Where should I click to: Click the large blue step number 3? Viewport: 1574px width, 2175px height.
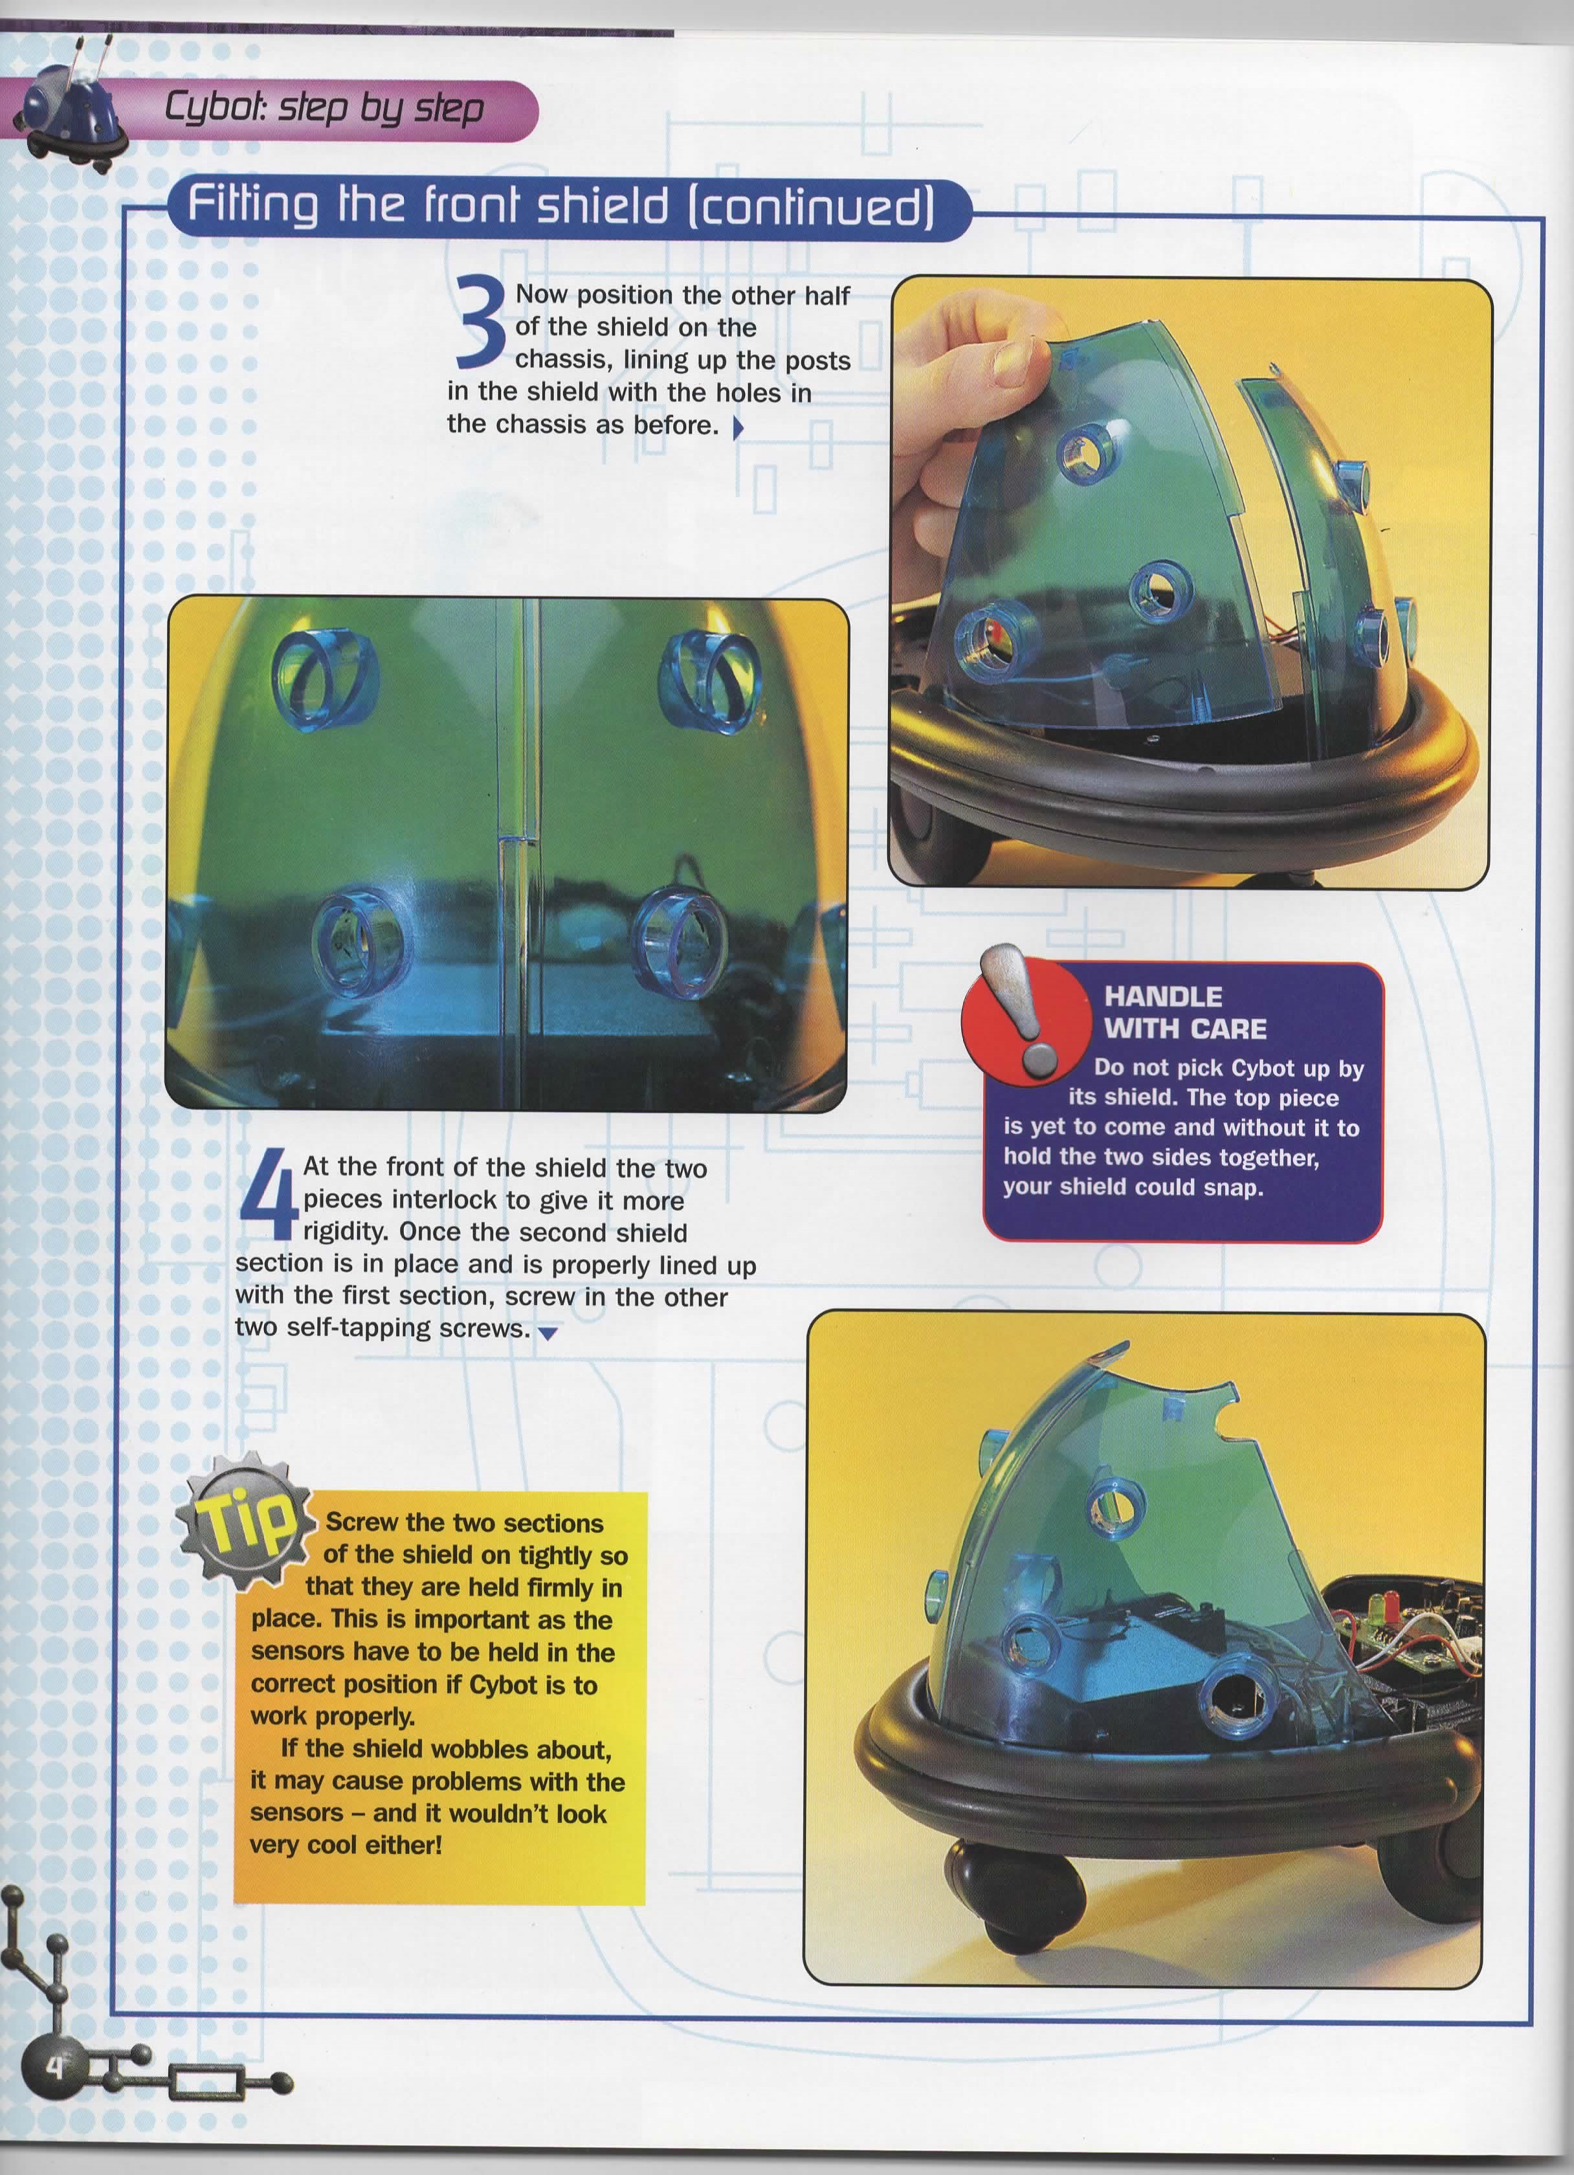pos(482,321)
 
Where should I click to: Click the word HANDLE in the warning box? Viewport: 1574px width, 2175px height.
pos(1163,996)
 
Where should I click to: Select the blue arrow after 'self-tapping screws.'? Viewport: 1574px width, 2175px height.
pos(548,1333)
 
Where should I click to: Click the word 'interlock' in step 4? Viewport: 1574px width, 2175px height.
pos(456,1201)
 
